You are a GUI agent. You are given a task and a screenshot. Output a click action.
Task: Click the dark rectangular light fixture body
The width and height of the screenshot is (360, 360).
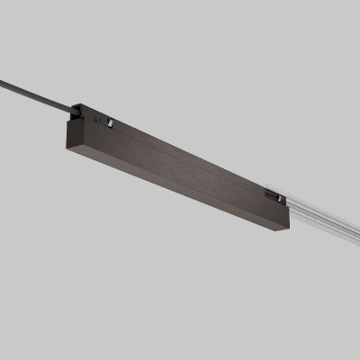[x=180, y=171]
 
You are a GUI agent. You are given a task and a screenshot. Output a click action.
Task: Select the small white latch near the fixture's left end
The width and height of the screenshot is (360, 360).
[x=108, y=121]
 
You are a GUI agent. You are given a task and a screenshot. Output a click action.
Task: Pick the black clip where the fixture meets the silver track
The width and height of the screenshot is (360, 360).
[x=275, y=195]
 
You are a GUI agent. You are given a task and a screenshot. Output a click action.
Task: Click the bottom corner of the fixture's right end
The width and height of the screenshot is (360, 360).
[x=287, y=230]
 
